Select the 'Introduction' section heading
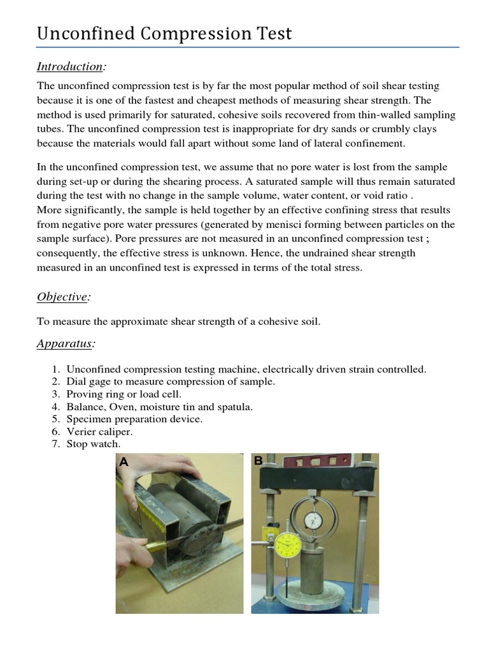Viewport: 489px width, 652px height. pos(69,66)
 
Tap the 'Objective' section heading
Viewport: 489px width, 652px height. pos(62,297)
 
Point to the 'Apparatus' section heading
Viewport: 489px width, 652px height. pos(65,344)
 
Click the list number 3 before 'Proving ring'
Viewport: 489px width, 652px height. pos(55,394)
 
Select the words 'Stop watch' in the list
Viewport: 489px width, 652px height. pos(93,444)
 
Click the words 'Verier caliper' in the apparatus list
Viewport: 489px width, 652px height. pos(99,431)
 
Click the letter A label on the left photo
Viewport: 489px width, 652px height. pos(124,463)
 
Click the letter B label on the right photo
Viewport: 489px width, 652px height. pos(259,461)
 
